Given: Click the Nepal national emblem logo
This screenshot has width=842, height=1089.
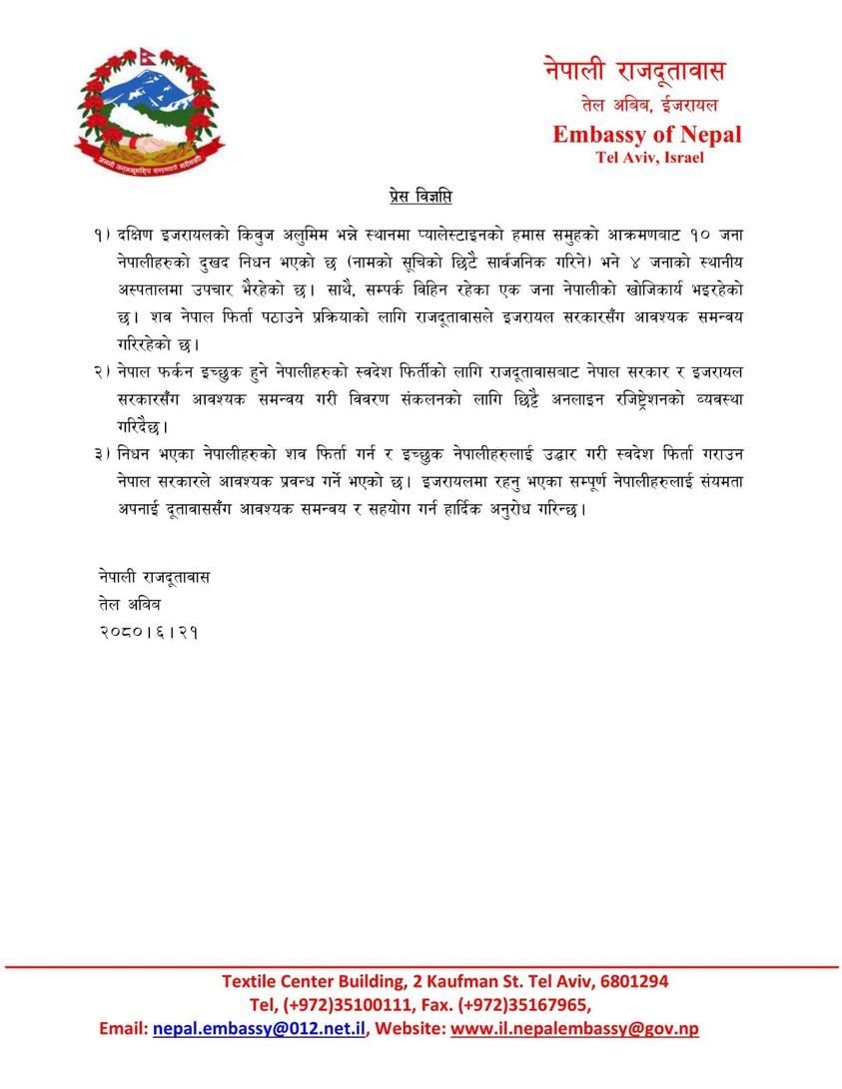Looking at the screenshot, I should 148,113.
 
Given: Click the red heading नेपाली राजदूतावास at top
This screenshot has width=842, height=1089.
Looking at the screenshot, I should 635,72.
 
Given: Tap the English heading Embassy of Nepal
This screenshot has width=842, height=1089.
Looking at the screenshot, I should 646,135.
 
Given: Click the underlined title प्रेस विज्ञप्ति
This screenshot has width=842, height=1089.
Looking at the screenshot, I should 421,196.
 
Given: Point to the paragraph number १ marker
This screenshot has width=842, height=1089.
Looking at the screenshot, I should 100,234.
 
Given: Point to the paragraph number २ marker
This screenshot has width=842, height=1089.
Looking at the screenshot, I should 100,371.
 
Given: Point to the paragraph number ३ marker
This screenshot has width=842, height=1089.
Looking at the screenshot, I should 100,454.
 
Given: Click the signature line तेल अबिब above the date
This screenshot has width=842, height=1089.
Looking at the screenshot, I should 129,605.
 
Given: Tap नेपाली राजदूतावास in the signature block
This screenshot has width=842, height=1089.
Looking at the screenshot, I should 155,578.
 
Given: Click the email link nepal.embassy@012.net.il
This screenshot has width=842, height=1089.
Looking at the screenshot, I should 260,1028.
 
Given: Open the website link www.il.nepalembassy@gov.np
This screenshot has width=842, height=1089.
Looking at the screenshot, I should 574,1028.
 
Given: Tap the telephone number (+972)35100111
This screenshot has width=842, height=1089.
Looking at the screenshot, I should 348,1004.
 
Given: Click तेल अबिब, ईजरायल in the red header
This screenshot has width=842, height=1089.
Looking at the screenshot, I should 649,104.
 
